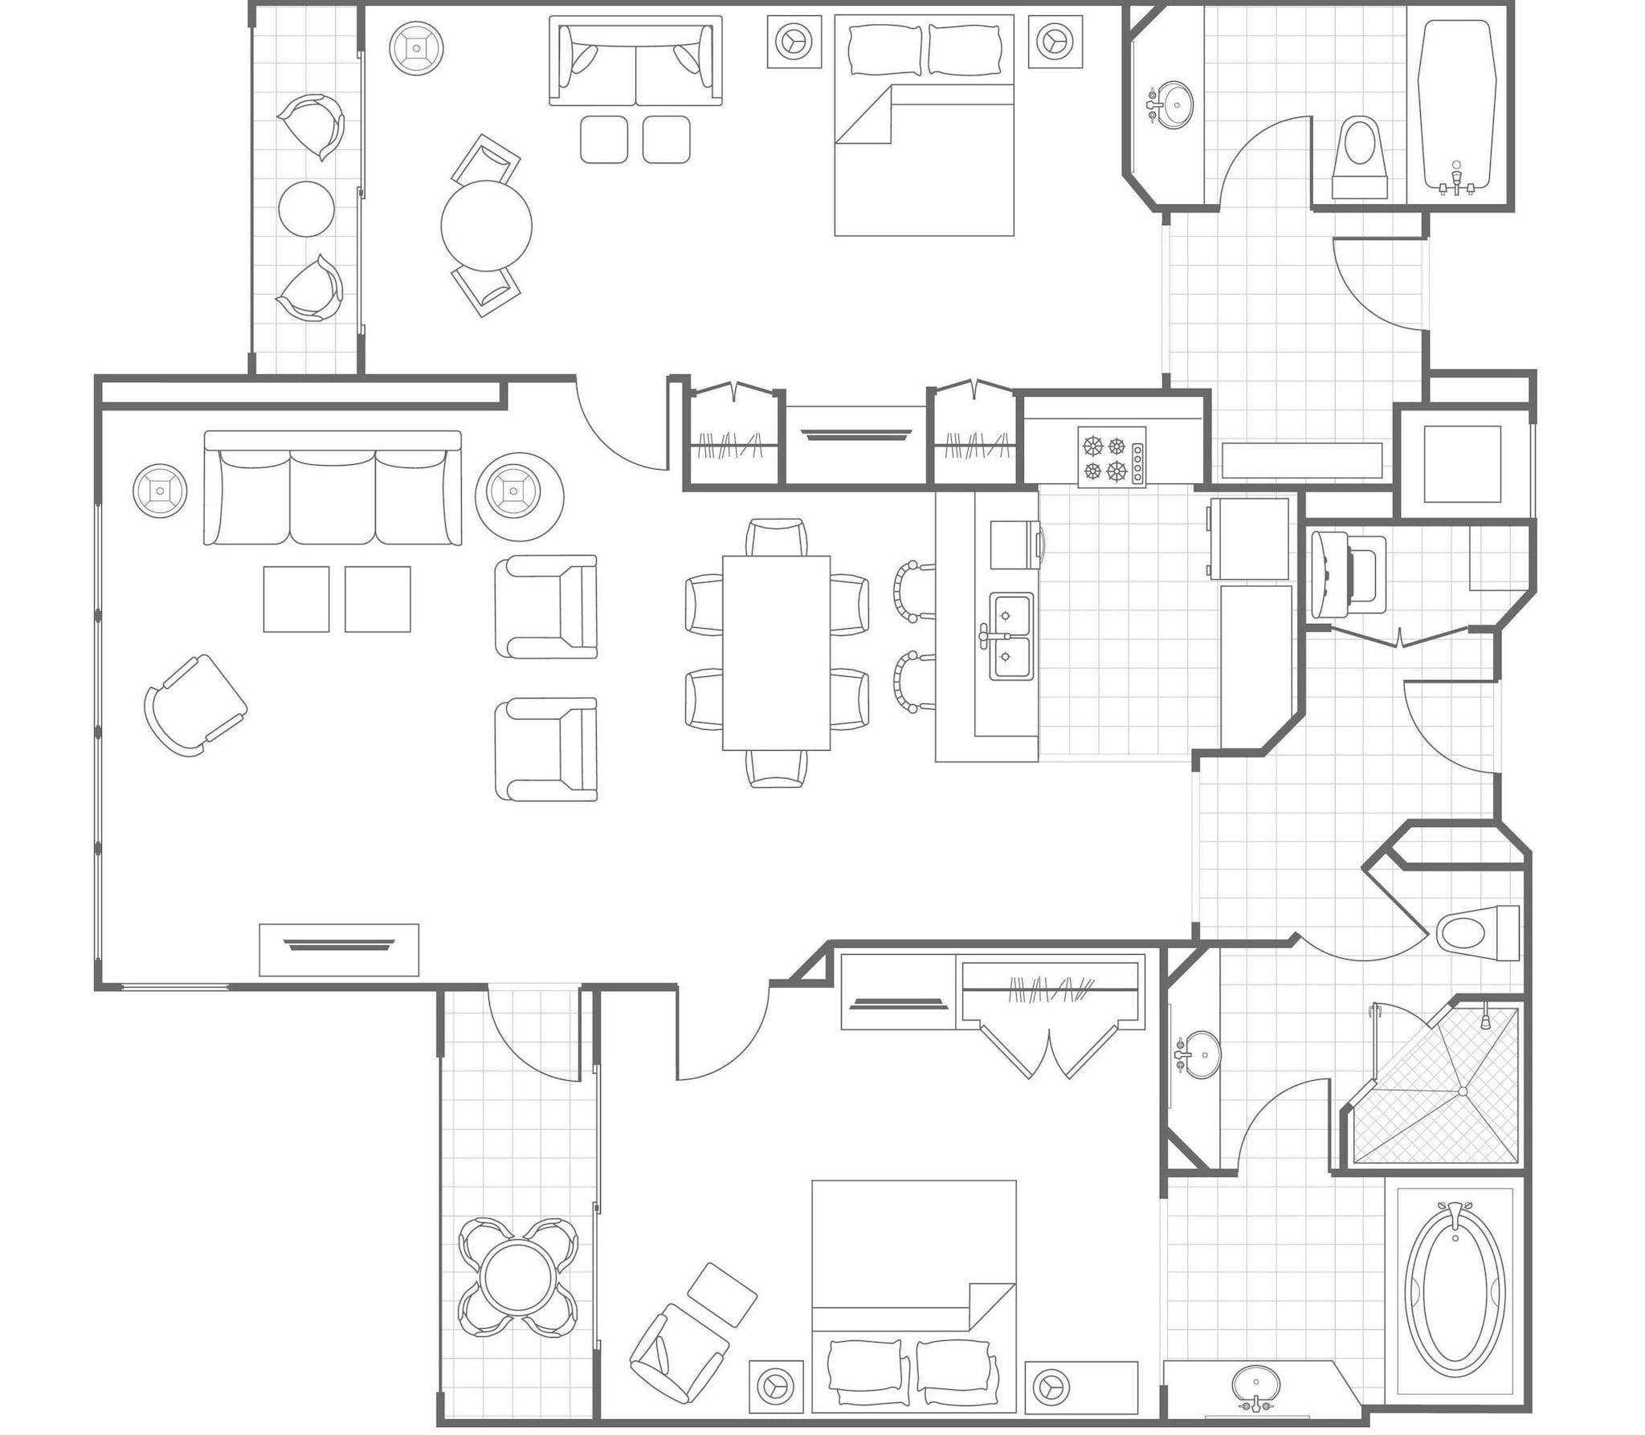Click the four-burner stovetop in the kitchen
tap(1111, 456)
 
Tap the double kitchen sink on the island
tap(1010, 636)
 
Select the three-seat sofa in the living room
tap(333, 489)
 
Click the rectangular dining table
tap(776, 652)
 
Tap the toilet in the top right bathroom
tap(1359, 157)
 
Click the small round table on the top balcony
tap(306, 209)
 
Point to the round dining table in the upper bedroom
tap(486, 226)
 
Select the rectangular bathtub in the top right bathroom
tap(1455, 104)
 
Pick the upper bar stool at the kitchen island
tap(914, 592)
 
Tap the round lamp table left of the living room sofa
tap(160, 491)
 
